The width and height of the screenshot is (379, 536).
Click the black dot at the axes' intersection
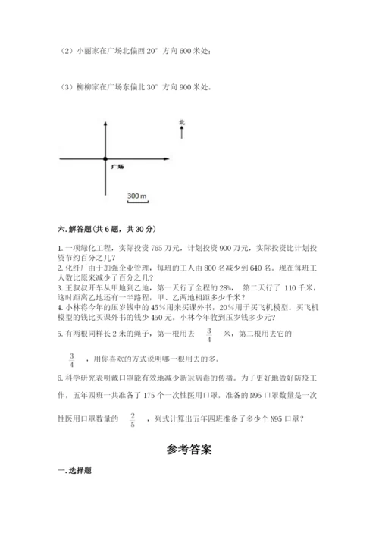pyautogui.click(x=104, y=158)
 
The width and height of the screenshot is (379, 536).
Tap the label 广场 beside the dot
pyautogui.click(x=117, y=165)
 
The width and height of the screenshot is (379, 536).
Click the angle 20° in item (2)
pyautogui.click(x=149, y=51)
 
